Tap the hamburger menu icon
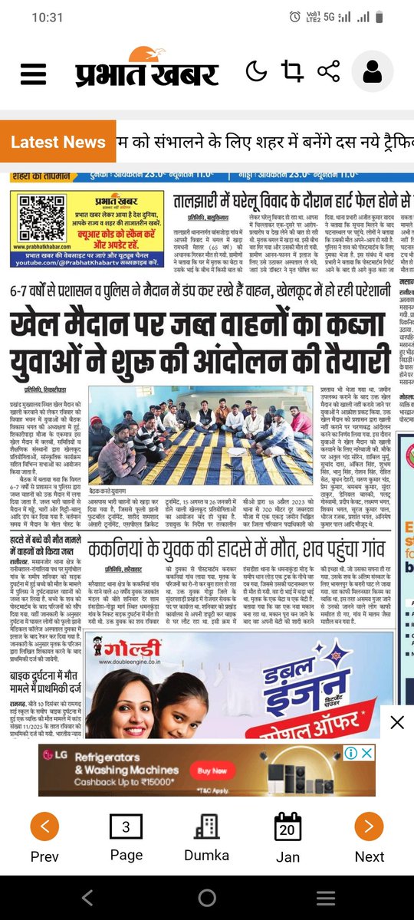(x=34, y=74)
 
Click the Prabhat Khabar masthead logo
(x=146, y=70)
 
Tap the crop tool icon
(x=291, y=72)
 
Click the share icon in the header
(x=328, y=72)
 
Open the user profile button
(x=373, y=73)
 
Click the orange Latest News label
(x=58, y=142)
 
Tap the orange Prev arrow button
(x=44, y=826)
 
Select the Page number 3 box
(x=127, y=826)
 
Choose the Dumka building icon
(x=206, y=826)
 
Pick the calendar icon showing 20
(x=288, y=826)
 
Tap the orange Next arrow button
(x=369, y=826)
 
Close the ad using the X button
(x=396, y=721)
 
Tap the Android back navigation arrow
(x=87, y=897)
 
